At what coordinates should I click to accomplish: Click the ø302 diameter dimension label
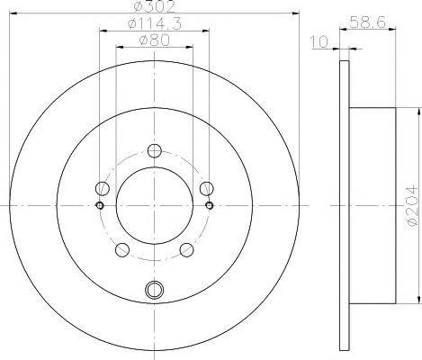click(x=154, y=6)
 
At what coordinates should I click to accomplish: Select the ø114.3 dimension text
click(x=155, y=23)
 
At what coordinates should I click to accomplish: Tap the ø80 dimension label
click(x=155, y=40)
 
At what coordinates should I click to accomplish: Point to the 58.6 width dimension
click(x=368, y=22)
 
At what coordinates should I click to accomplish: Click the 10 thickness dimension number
click(x=319, y=42)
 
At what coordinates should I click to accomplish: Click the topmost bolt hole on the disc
click(x=155, y=151)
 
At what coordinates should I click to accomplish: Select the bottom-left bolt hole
click(x=122, y=250)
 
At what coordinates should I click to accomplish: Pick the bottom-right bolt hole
click(x=186, y=250)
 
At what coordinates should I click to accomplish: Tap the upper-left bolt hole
click(x=103, y=189)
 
